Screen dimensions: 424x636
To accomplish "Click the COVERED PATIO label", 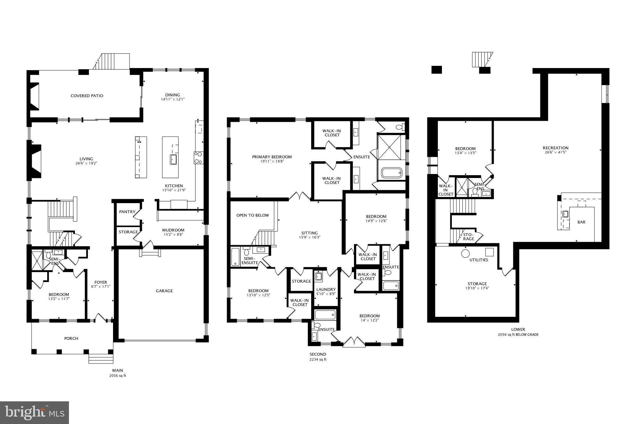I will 87,96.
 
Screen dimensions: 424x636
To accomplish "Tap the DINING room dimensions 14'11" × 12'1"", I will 172,100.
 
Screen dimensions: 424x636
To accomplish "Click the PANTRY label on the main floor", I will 127,212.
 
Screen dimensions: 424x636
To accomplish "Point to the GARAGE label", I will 164,291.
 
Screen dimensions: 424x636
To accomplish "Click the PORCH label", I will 71,339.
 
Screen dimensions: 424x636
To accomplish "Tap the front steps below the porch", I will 101,359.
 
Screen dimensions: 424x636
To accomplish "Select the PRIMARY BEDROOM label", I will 272,157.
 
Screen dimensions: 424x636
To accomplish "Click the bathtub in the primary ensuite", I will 391,173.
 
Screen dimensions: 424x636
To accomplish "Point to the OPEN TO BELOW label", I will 252,215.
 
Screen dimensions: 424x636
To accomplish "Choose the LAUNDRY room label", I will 326,290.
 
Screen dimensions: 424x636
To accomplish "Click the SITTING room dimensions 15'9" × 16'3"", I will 309,237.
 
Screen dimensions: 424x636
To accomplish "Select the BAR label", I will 581,222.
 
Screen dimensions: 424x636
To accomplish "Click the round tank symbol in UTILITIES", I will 465,253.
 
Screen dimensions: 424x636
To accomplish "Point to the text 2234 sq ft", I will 318,359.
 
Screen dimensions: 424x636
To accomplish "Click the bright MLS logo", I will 34,413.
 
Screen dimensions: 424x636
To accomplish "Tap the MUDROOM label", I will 173,230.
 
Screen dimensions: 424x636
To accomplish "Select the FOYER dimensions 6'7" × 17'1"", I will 101,287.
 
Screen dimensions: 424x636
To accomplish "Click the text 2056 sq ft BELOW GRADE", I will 518,335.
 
